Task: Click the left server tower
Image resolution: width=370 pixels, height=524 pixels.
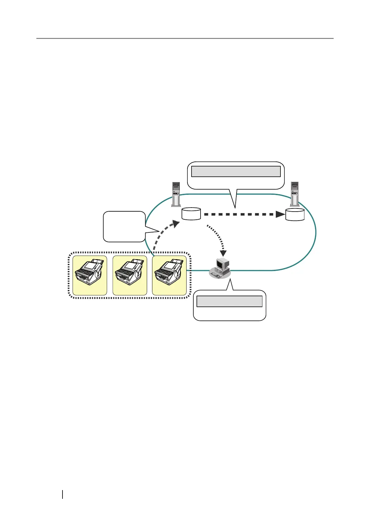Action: [x=176, y=194]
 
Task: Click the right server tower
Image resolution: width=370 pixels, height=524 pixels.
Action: [x=294, y=194]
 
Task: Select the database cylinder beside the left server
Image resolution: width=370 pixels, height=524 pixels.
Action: [x=191, y=214]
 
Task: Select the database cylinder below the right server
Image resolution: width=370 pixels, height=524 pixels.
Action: [x=295, y=215]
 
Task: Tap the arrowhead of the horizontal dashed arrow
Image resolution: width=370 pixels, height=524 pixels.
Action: [x=280, y=214]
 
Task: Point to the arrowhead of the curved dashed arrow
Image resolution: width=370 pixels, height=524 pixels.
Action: [x=176, y=224]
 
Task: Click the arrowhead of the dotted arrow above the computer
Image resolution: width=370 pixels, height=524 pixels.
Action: [x=223, y=253]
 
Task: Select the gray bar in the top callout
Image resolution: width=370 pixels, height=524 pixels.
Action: [x=236, y=171]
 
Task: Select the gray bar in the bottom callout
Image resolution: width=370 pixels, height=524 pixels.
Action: [x=229, y=301]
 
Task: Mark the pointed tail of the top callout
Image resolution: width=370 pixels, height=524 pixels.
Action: [x=235, y=204]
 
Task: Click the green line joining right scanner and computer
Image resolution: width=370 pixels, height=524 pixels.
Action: [x=198, y=271]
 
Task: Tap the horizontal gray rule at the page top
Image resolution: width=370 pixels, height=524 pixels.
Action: [x=185, y=38]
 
